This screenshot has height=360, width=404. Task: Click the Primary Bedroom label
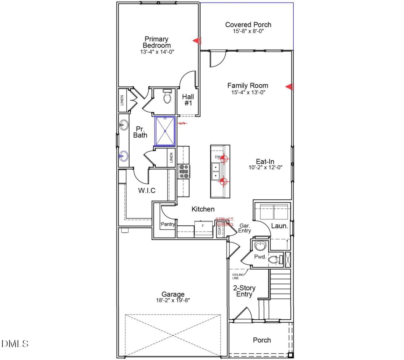click(156, 42)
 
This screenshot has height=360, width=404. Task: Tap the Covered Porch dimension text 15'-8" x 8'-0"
click(248, 31)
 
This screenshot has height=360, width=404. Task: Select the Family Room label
click(247, 85)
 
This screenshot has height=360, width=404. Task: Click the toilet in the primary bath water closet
click(167, 97)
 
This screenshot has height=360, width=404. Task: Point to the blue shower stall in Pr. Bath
click(165, 131)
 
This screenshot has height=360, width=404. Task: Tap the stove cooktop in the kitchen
click(183, 172)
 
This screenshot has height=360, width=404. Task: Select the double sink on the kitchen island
click(216, 172)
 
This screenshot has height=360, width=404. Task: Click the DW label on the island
click(217, 157)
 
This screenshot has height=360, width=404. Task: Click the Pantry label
click(168, 224)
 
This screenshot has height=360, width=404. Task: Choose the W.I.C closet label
click(147, 190)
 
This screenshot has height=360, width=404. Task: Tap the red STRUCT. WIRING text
click(225, 222)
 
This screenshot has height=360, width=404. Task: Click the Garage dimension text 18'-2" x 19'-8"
click(173, 300)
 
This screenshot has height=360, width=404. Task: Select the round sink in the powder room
click(260, 245)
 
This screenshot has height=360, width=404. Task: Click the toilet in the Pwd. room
click(275, 259)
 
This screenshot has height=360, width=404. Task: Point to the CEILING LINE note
click(238, 276)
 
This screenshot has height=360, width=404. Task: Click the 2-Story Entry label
click(244, 291)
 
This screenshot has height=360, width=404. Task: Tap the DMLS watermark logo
click(15, 344)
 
